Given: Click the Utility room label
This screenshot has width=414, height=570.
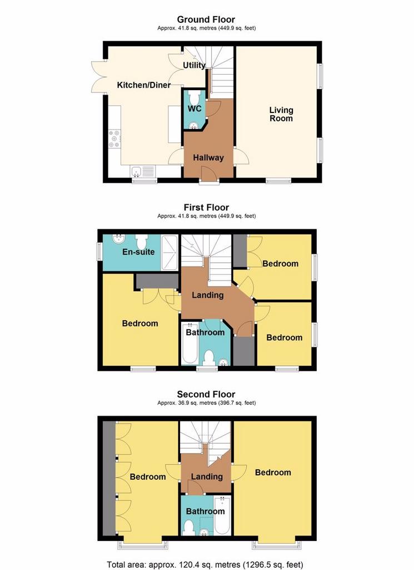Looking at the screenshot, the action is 194,65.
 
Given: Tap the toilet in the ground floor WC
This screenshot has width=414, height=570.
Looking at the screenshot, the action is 194,97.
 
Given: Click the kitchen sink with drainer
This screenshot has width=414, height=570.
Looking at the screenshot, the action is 143,170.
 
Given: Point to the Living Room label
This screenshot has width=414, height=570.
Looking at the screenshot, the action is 281,114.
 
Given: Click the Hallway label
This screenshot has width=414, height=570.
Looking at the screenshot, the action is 208,158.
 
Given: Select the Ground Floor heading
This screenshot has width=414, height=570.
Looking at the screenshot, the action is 206,19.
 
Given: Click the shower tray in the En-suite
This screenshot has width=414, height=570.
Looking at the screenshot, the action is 169,253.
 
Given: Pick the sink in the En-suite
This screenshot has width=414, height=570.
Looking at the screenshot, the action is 118,239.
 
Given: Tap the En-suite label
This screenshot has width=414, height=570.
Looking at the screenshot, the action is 138,252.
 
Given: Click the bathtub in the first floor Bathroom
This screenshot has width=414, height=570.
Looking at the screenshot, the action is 189,343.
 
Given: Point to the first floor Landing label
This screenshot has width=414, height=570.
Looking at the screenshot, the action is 207,295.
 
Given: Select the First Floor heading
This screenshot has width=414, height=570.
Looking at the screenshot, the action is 206,207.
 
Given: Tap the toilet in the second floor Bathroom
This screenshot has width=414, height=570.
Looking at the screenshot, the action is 189,528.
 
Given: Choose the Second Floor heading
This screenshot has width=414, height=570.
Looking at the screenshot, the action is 206,394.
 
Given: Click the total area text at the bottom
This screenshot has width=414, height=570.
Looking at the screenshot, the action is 205,565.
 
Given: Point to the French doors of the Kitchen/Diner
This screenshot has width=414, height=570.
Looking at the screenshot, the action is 98,76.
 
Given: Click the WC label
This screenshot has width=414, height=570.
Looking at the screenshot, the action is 194,109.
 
